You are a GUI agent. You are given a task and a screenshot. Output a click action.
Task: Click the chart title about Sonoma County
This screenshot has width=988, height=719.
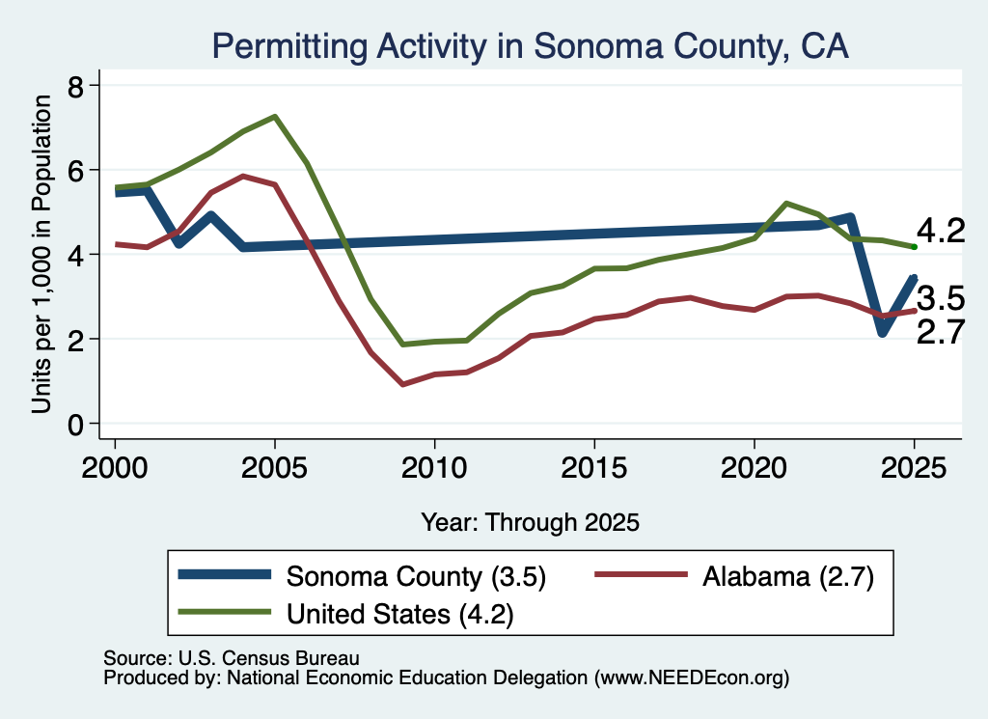coord(530,46)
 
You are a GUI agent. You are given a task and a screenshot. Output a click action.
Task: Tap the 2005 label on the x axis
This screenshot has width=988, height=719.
coord(274,468)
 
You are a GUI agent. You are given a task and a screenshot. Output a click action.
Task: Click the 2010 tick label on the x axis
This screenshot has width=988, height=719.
coord(434,468)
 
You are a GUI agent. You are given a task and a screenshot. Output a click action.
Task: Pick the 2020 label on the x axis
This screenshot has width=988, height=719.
coord(755,468)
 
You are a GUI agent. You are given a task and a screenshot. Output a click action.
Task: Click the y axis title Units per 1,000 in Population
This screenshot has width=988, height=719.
coord(41,254)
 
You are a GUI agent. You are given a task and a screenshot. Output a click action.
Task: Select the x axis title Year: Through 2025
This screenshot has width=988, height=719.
coord(530,522)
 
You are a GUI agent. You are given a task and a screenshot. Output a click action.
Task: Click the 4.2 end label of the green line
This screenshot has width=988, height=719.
coord(941,231)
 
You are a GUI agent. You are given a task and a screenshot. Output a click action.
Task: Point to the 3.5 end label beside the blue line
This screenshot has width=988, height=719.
coord(941,298)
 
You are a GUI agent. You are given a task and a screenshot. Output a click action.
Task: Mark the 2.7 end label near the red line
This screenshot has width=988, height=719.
coord(941,332)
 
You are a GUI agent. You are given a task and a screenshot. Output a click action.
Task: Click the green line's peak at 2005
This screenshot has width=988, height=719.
coord(275,117)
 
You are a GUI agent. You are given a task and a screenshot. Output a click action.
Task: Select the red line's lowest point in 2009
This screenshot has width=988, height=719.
coord(402,384)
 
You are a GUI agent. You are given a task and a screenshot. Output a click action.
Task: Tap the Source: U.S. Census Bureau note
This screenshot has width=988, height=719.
coord(232,658)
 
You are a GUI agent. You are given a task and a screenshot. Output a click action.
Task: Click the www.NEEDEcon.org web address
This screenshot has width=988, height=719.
coord(691,678)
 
